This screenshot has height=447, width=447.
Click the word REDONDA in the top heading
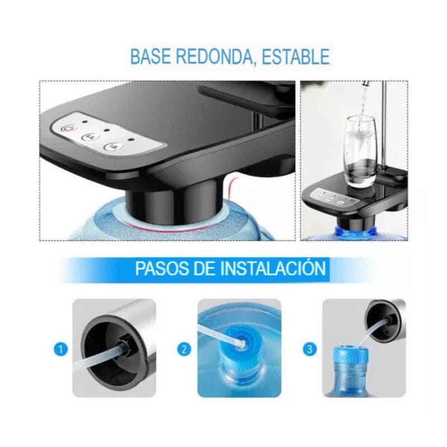212,57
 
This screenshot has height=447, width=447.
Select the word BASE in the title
150,57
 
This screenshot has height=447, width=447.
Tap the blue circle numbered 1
61,350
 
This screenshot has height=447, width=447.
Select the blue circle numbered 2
184,350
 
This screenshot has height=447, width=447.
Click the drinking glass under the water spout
360,151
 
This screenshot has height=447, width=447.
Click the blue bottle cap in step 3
350,358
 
